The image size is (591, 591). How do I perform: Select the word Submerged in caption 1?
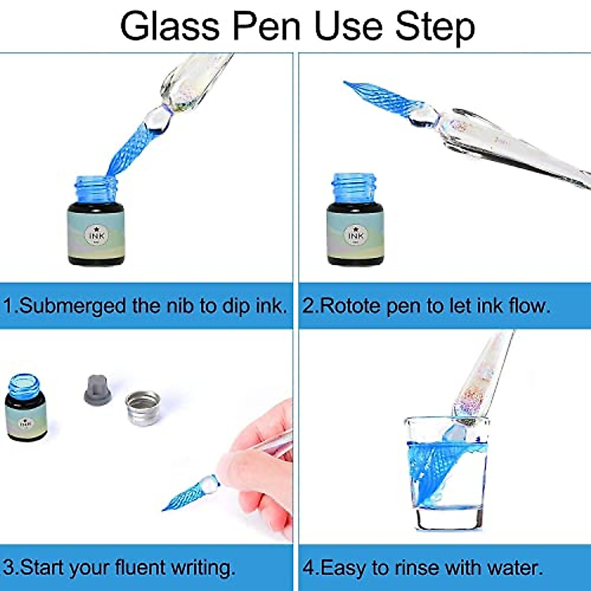tap(72, 306)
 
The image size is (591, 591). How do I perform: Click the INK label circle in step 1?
tap(97, 235)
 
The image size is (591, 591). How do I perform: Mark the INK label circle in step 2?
tap(356, 235)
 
